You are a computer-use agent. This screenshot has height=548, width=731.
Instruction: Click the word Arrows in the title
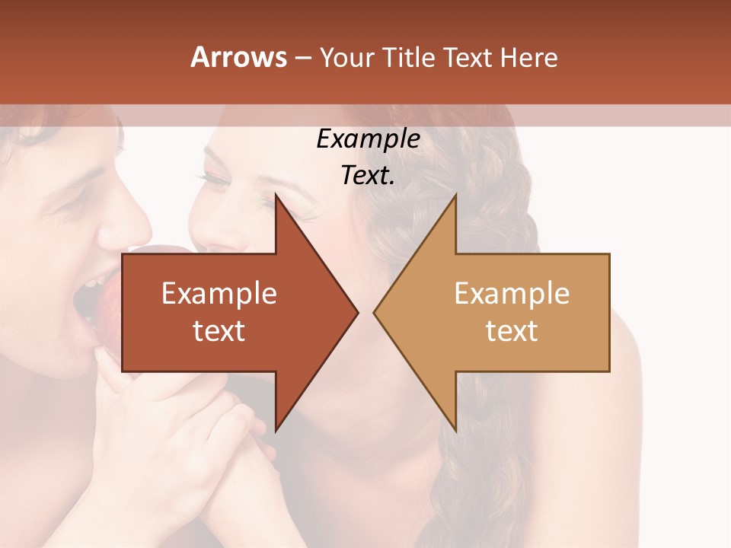(x=238, y=57)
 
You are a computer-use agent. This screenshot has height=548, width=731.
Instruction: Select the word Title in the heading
(x=407, y=57)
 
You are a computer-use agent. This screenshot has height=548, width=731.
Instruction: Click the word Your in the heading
(x=346, y=57)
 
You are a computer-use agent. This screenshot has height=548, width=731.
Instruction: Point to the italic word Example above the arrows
(x=368, y=139)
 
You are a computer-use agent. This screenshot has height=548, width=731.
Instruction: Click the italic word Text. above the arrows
(x=368, y=175)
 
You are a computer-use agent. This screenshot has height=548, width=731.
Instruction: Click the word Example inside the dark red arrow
(x=219, y=294)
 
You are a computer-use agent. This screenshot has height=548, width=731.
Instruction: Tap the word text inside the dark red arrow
(x=219, y=331)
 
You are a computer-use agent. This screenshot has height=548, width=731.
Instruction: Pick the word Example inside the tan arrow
(x=512, y=294)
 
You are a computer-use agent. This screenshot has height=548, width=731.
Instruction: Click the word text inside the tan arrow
(x=512, y=331)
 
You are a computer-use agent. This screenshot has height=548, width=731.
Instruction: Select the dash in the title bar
(x=302, y=58)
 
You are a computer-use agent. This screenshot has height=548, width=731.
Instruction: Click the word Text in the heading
(x=468, y=57)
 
